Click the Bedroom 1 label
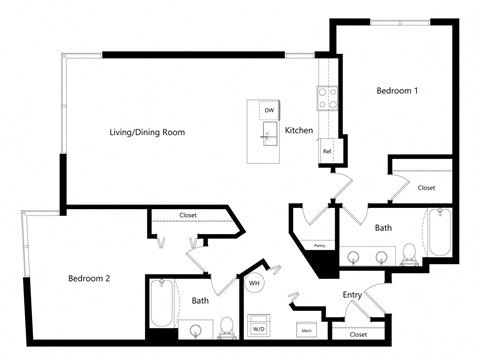(397, 91)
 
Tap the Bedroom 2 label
(89, 278)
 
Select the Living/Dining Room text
(147, 132)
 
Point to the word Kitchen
(300, 131)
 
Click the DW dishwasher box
(269, 109)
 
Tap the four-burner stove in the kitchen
(327, 97)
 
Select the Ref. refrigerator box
(327, 151)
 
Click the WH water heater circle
(254, 283)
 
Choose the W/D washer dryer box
(258, 327)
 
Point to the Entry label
(352, 295)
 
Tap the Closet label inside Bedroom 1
(426, 187)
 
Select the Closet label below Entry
(358, 334)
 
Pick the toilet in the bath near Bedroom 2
(227, 325)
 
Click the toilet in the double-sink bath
(409, 258)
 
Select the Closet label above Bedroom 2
(188, 215)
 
